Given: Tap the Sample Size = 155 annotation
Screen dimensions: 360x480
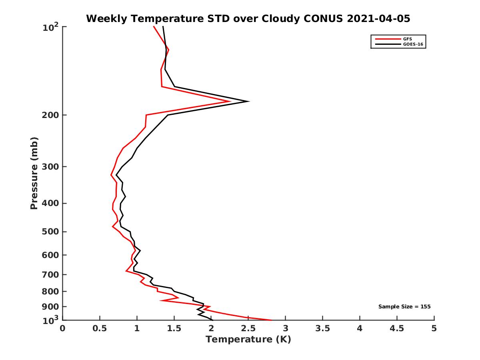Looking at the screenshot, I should (x=404, y=307).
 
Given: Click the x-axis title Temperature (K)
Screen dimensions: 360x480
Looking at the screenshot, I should (x=248, y=340).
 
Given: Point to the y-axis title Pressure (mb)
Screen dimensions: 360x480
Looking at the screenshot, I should (x=34, y=173).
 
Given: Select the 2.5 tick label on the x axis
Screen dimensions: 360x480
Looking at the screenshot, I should (x=248, y=329).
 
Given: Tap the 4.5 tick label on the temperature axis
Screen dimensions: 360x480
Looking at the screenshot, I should (x=397, y=329).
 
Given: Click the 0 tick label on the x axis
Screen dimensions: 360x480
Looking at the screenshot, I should (x=63, y=329).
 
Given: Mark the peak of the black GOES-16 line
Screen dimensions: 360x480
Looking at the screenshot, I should (x=249, y=101).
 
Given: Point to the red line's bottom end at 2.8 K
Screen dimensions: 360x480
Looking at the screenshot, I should (x=271, y=320).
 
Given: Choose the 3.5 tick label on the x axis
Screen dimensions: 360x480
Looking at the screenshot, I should (x=322, y=329).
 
